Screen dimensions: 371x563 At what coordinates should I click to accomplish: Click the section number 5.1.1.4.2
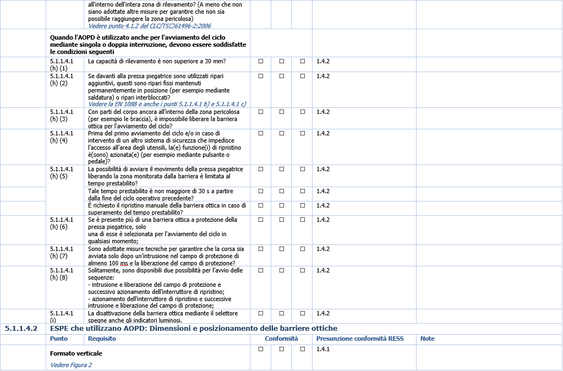click(x=21, y=329)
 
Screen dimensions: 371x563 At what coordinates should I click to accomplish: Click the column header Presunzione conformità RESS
click(x=359, y=339)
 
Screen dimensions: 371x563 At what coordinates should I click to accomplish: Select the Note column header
click(x=428, y=339)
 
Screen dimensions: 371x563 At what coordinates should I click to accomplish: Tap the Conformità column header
click(x=281, y=339)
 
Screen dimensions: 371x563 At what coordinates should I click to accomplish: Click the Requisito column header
click(x=102, y=339)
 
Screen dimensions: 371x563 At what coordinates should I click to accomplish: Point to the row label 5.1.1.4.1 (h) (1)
click(x=62, y=64)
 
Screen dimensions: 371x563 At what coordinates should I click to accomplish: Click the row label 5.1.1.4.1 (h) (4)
click(x=62, y=137)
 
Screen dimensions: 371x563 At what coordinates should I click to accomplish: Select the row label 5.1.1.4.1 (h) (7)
click(x=62, y=252)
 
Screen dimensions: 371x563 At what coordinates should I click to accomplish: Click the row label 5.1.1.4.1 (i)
click(x=62, y=317)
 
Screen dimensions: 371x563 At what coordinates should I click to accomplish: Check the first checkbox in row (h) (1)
click(x=261, y=61)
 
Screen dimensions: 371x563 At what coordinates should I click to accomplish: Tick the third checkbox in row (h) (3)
click(x=302, y=112)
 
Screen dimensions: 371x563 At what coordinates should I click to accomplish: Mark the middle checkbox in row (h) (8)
click(x=281, y=270)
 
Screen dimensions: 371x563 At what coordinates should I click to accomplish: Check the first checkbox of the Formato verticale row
click(x=261, y=349)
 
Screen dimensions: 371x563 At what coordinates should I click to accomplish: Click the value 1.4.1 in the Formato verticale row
click(x=323, y=349)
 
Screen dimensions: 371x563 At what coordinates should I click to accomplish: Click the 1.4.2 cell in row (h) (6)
click(x=323, y=220)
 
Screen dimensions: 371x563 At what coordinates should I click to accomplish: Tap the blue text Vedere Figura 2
click(x=71, y=365)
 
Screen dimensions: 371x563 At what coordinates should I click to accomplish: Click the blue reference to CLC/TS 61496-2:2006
click(x=149, y=26)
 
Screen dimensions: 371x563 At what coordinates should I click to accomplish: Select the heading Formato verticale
click(x=76, y=353)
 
